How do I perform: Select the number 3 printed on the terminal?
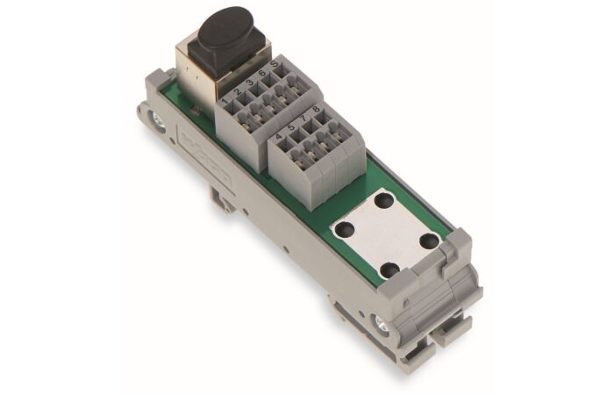249,83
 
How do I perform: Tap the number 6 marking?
261,75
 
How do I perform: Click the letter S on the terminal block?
274,67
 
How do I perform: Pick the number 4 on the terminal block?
279,138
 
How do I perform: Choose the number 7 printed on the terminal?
303,120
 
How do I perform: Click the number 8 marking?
315,111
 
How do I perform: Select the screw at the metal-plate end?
381,327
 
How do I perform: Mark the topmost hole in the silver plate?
382,200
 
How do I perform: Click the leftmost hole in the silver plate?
343,229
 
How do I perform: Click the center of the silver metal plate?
386,234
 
